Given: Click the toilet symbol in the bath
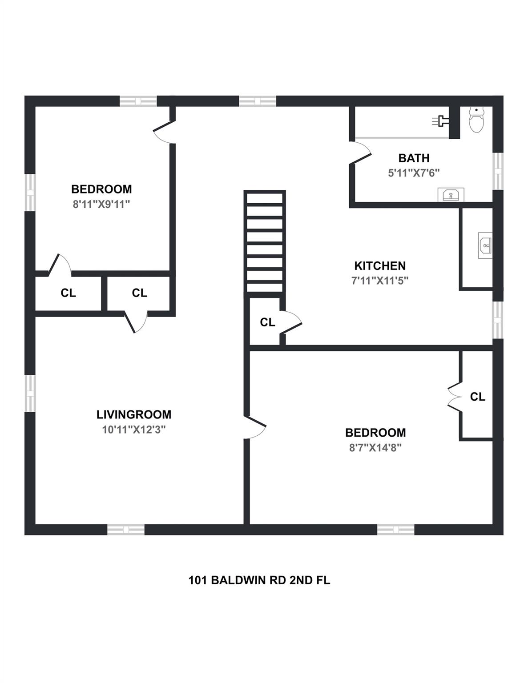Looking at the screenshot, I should [x=476, y=121].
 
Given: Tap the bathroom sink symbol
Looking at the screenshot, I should [x=451, y=195].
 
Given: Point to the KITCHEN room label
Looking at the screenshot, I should [x=379, y=266].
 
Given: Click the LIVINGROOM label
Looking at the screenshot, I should [x=133, y=414].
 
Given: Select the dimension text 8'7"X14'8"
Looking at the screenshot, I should [x=375, y=447].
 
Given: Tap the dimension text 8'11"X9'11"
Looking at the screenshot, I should [x=101, y=204].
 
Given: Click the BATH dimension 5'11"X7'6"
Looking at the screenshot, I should [x=414, y=173].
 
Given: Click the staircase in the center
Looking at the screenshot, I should [x=264, y=241].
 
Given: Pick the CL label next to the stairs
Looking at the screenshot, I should [x=267, y=322].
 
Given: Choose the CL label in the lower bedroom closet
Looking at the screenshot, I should [x=477, y=397].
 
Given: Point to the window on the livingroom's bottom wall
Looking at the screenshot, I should [x=126, y=530].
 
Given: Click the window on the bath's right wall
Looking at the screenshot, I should [x=498, y=171].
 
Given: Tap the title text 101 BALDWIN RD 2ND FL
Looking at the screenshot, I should [x=259, y=580].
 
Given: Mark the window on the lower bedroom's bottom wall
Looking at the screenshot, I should [x=395, y=530].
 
